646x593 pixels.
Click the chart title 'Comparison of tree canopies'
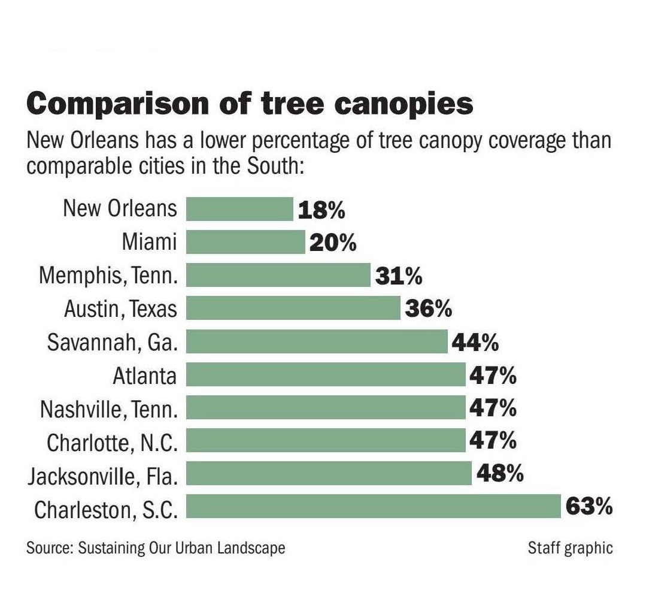[250, 103]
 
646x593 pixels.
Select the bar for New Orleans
[239, 209]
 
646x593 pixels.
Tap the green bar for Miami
[245, 243]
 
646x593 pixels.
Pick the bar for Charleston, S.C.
[374, 506]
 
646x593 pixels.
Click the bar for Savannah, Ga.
[317, 342]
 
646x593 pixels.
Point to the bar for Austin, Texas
[293, 309]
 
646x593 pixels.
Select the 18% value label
[321, 210]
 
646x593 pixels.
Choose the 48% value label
[500, 474]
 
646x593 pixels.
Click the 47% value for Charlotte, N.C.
[492, 441]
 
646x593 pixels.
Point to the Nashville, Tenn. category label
[109, 410]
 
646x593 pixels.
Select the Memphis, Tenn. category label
[108, 276]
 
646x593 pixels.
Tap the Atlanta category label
[145, 376]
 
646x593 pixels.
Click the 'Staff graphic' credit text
[570, 547]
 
